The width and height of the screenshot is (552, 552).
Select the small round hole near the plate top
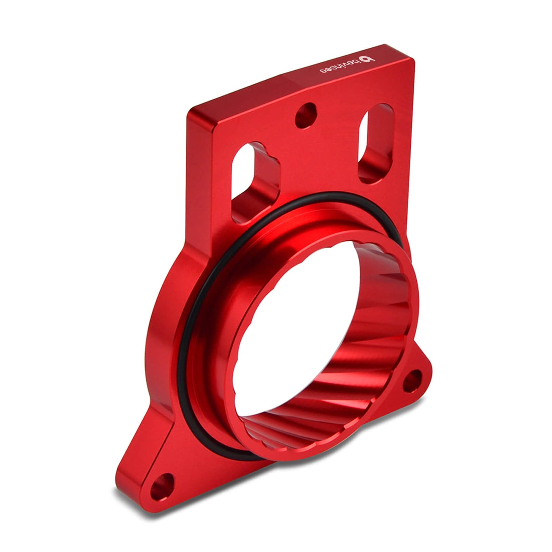pos(307,115)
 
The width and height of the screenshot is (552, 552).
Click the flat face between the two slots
pos(317,160)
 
